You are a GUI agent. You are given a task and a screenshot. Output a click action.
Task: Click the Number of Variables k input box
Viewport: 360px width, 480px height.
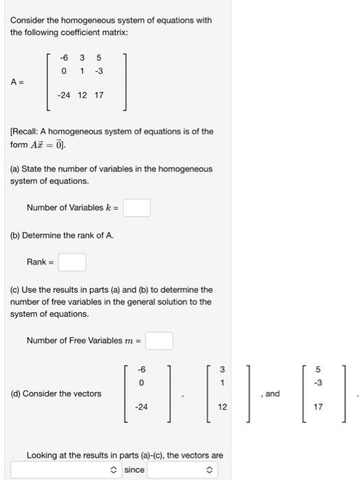coord(137,207)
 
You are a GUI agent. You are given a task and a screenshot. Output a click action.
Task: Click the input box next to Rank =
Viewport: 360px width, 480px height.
coord(72,262)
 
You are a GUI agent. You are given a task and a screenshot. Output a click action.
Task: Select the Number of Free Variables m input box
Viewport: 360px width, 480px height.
coord(158,340)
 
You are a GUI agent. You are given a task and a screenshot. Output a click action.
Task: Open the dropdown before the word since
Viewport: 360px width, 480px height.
coord(65,470)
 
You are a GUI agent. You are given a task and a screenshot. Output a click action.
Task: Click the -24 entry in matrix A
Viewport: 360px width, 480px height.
coord(64,95)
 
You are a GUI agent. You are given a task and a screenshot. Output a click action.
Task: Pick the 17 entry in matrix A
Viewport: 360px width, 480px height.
coord(99,95)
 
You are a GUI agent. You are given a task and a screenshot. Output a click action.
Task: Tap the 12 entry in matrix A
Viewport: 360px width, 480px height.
coord(82,95)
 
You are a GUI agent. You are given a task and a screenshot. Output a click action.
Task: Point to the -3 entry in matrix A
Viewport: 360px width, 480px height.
coord(99,70)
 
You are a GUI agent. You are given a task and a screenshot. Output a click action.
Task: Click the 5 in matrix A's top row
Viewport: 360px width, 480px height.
coord(99,58)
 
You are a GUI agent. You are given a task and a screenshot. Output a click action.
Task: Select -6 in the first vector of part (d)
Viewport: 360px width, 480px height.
coord(141,369)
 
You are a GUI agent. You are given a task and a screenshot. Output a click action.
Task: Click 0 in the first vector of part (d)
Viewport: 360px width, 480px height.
coord(141,381)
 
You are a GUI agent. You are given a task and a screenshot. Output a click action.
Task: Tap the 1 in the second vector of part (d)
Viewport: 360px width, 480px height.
coord(222,381)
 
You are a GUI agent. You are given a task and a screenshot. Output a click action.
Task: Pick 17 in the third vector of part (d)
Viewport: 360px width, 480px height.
coord(318,407)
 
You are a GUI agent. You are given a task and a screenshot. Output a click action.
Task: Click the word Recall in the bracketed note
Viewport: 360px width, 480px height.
coord(26,132)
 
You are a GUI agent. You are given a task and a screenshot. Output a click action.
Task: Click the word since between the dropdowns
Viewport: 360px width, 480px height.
coord(134,470)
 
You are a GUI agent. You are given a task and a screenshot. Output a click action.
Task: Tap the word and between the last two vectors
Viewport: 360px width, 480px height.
coord(272,394)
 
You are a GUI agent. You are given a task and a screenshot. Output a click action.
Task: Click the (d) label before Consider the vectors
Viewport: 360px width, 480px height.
coord(15,394)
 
